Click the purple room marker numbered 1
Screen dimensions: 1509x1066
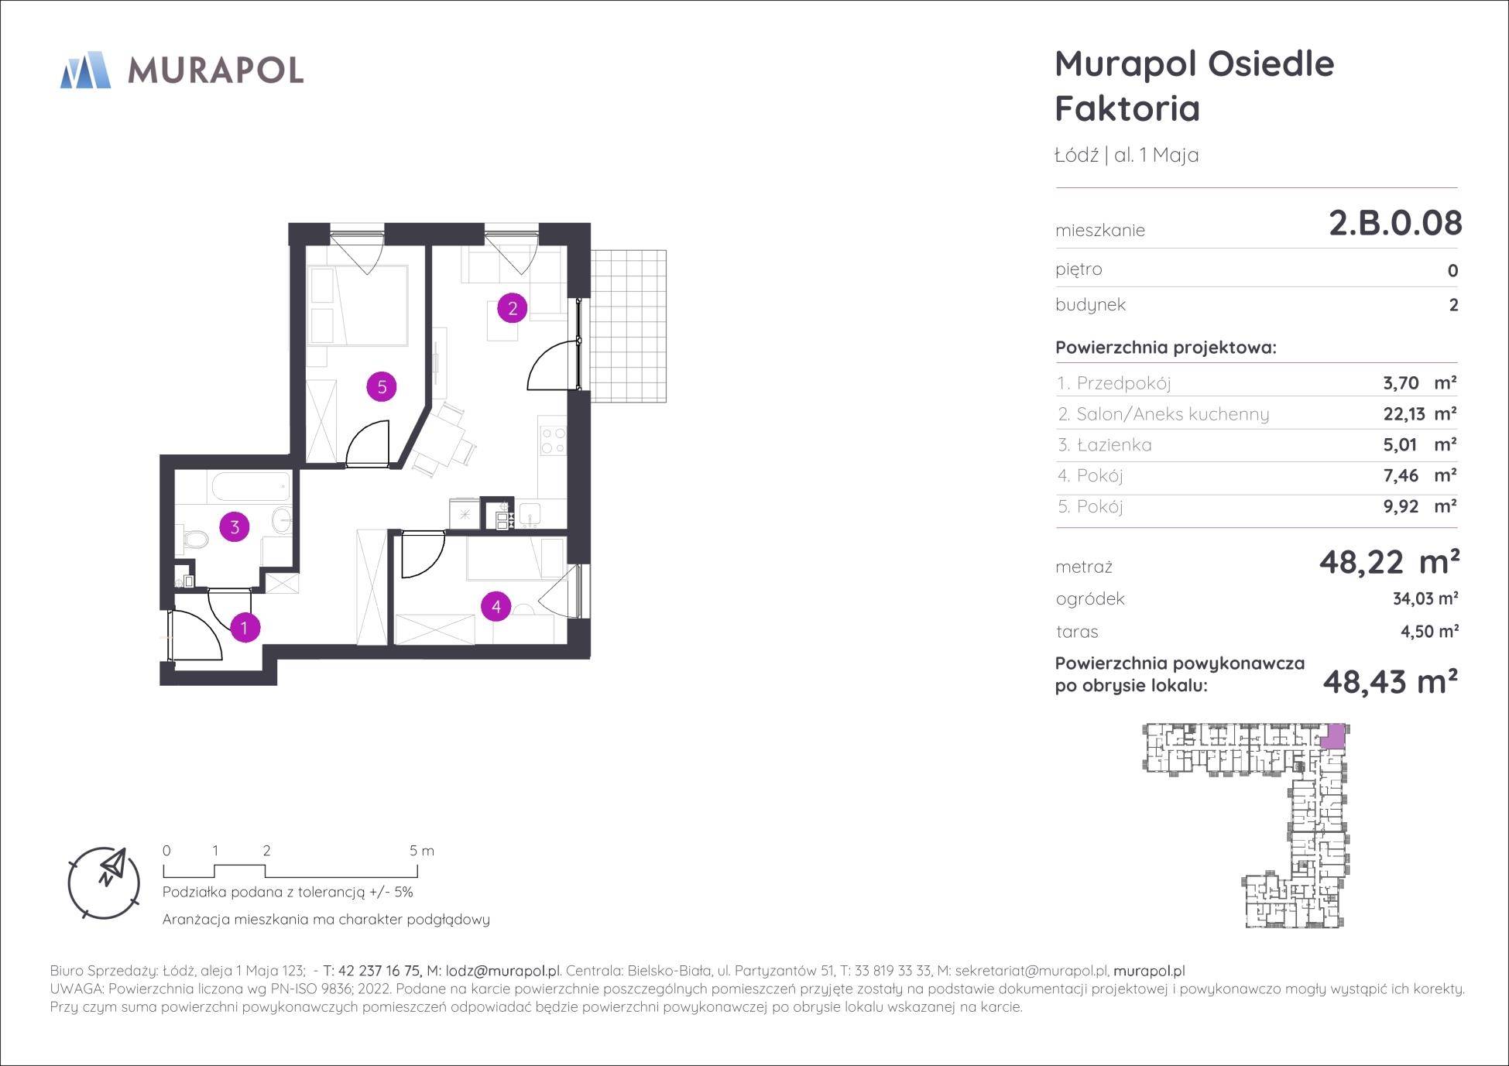245,628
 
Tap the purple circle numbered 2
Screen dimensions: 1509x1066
513,308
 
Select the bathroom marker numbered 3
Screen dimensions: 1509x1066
235,527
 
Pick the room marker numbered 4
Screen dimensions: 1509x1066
496,607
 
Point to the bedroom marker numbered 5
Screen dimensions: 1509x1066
382,386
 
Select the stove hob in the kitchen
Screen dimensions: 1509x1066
554,440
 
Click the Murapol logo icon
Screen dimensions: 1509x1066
85,70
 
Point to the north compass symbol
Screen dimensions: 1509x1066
105,883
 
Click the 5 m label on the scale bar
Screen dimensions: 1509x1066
422,851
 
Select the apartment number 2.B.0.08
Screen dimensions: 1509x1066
1395,224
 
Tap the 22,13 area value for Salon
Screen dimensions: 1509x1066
1404,414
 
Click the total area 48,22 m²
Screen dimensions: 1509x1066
1389,562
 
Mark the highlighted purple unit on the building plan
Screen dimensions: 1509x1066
1332,735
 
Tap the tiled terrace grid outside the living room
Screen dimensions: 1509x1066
628,326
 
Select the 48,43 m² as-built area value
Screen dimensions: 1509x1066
1391,682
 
